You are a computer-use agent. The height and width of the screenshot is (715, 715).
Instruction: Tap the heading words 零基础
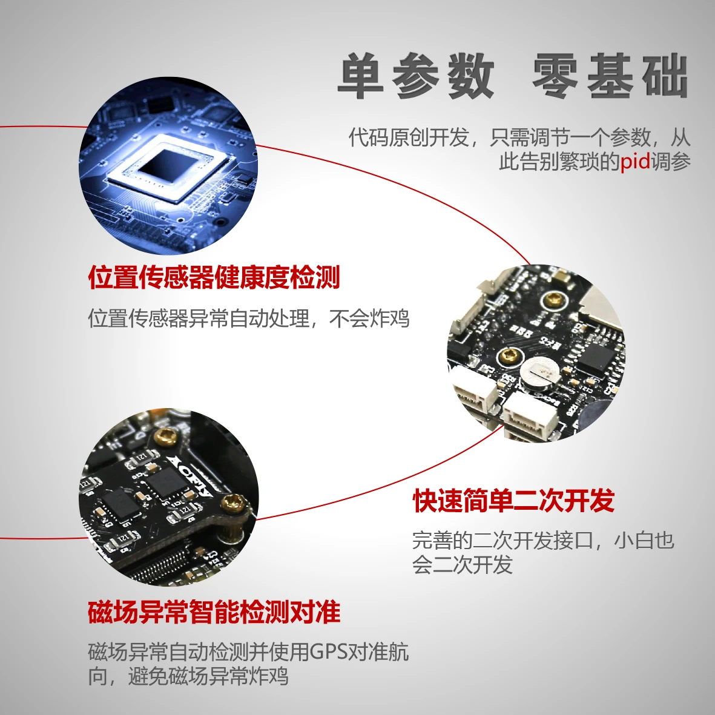coord(610,77)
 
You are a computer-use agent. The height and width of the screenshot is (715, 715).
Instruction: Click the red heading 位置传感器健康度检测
coord(214,277)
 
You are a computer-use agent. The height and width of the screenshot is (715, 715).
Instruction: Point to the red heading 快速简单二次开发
coord(513,501)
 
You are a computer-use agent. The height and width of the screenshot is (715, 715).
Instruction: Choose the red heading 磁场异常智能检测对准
coord(214,611)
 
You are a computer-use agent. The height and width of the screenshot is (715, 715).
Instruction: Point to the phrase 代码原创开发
coord(409,137)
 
